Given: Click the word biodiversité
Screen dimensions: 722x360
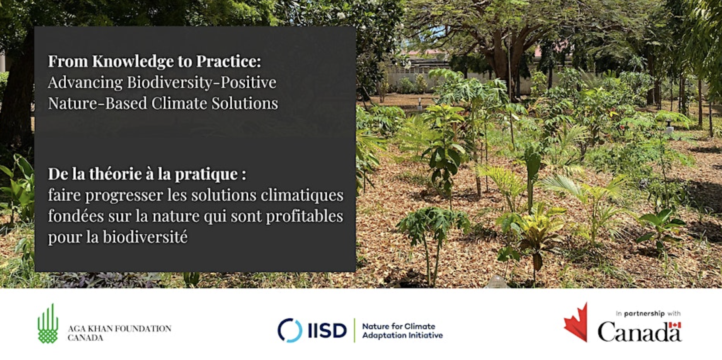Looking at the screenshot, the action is point(145,237).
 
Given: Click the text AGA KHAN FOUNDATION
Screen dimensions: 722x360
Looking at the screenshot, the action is point(119,329).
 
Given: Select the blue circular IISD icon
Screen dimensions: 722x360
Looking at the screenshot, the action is point(290,330).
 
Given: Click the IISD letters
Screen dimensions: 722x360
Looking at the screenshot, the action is point(327,331).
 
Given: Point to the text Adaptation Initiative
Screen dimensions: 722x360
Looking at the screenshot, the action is point(402,336).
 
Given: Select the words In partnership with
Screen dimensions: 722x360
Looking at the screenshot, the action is point(648,314).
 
